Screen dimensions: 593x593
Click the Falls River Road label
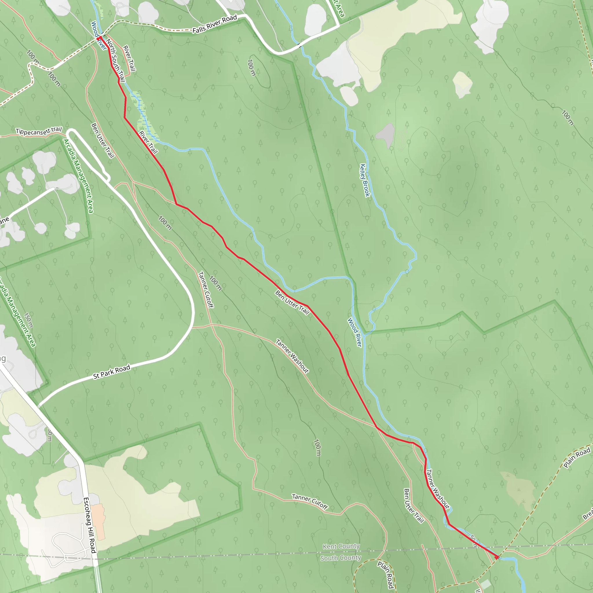coord(215,24)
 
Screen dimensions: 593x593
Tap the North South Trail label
coord(116,60)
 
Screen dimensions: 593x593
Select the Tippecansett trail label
coord(39,131)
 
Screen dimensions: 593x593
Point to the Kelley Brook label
coord(365,180)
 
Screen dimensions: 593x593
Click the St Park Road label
coord(112,372)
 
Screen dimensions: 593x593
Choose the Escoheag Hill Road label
coord(90,525)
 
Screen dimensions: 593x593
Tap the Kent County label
coord(341,546)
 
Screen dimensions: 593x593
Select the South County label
coord(341,558)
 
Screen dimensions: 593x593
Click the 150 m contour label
coord(28,321)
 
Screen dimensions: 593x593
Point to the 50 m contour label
coord(474,541)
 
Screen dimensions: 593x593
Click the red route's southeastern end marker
coord(497,557)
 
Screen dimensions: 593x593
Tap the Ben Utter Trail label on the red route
coord(292,302)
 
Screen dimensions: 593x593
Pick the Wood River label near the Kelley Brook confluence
coord(354,332)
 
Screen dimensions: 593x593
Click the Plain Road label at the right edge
coord(577,457)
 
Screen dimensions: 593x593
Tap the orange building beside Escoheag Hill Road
coord(98,521)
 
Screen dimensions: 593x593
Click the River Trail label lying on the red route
coord(148,142)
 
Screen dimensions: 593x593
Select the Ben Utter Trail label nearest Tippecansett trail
coord(103,140)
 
